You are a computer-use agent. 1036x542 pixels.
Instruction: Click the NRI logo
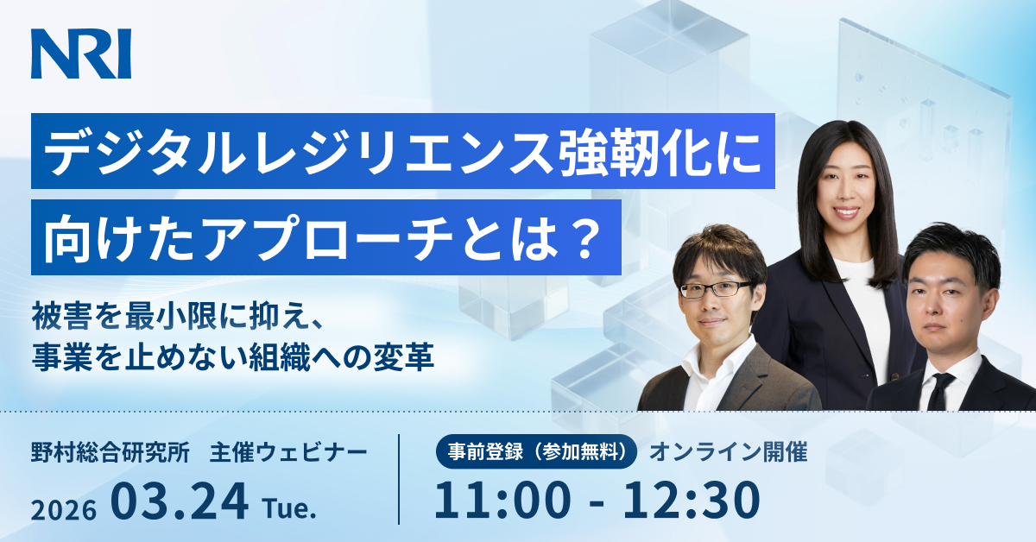pyautogui.click(x=81, y=54)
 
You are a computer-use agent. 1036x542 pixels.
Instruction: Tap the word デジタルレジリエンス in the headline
pyautogui.click(x=300, y=152)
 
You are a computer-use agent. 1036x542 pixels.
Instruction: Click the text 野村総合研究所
pyautogui.click(x=111, y=452)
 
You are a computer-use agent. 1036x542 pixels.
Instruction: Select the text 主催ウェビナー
pyautogui.click(x=288, y=452)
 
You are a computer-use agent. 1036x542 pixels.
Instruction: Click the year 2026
pyautogui.click(x=64, y=510)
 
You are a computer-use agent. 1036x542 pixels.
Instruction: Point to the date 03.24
pyautogui.click(x=180, y=501)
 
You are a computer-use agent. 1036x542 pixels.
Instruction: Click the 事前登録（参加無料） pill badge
pyautogui.click(x=536, y=451)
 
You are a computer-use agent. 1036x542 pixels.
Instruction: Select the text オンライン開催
pyautogui.click(x=729, y=452)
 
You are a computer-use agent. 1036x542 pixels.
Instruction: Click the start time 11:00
pyautogui.click(x=502, y=500)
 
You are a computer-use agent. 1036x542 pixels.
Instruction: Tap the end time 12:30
pyautogui.click(x=692, y=500)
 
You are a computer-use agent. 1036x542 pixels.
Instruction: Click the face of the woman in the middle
pyautogui.click(x=846, y=189)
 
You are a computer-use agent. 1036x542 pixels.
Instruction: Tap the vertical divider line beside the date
pyautogui.click(x=399, y=479)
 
